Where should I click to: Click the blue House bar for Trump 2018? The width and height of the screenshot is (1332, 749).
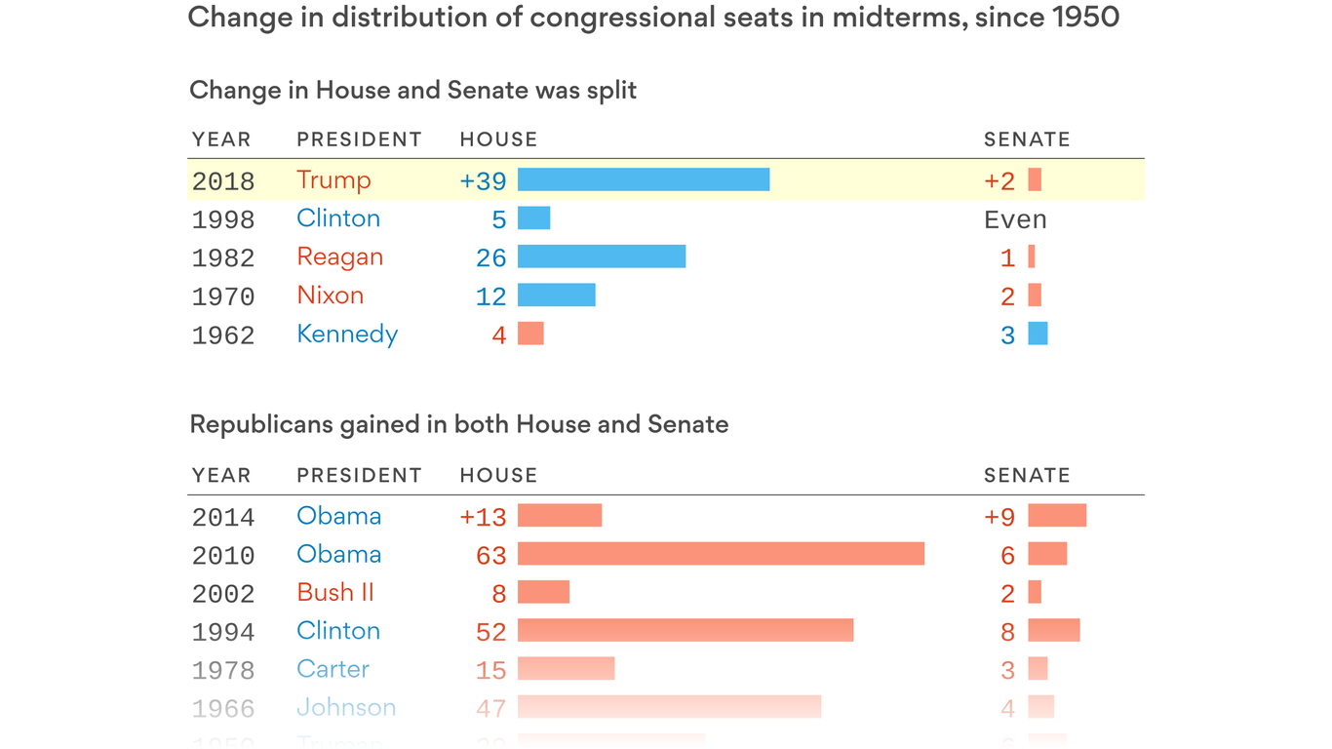(644, 179)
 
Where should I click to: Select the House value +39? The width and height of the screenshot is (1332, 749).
(483, 180)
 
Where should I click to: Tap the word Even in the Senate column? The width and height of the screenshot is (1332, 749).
(1015, 219)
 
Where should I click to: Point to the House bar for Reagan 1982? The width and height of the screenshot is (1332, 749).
(602, 256)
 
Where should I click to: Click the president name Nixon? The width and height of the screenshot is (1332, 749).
(331, 296)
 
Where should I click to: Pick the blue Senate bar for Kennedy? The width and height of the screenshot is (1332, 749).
(1038, 334)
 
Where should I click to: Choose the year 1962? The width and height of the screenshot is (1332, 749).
(223, 335)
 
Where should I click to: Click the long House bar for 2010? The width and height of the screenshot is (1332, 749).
(721, 554)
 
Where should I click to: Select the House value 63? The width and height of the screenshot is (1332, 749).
(491, 556)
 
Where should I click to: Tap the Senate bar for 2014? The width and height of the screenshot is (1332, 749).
(1057, 516)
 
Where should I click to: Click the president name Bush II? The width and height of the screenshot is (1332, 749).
(335, 593)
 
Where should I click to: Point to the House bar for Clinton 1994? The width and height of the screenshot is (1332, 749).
(686, 630)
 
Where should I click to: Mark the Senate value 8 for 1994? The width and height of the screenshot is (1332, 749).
(1008, 632)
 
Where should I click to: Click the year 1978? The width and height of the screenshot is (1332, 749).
(223, 671)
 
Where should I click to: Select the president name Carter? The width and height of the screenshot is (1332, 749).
(333, 669)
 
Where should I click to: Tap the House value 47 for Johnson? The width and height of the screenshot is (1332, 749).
(491, 709)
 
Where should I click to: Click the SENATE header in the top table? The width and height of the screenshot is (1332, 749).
(1027, 139)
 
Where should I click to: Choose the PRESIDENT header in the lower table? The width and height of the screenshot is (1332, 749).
(359, 475)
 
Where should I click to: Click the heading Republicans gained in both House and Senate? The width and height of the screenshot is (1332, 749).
(459, 424)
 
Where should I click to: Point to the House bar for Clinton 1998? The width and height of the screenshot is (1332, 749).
(533, 217)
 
